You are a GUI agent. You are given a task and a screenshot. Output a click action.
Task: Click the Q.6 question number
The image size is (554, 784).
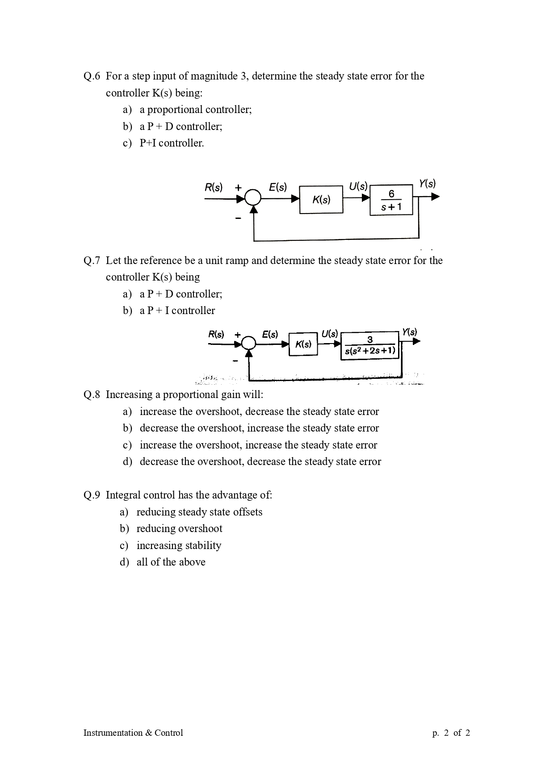pyautogui.click(x=92, y=76)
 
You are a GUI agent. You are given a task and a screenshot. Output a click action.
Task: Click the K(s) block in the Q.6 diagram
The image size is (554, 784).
pyautogui.click(x=321, y=200)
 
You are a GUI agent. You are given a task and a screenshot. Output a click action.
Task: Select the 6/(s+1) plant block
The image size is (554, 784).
pyautogui.click(x=391, y=200)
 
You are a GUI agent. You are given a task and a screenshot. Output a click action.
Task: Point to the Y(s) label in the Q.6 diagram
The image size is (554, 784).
pyautogui.click(x=427, y=184)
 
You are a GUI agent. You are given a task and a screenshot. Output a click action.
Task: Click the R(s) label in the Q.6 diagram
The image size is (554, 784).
pyautogui.click(x=214, y=187)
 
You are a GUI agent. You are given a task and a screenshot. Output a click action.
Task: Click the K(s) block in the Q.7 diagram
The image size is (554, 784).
pyautogui.click(x=303, y=344)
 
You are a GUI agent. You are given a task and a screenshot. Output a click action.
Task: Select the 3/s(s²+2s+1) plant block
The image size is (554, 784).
pyautogui.click(x=370, y=345)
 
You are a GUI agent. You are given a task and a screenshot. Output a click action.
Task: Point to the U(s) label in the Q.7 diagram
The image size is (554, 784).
pyautogui.click(x=330, y=334)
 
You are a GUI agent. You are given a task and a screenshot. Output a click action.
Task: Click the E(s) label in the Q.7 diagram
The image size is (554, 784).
pyautogui.click(x=270, y=334)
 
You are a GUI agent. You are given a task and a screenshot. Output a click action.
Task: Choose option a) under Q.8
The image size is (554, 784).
pyautogui.click(x=259, y=411)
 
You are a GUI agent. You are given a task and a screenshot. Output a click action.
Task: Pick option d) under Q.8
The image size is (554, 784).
pyautogui.click(x=260, y=461)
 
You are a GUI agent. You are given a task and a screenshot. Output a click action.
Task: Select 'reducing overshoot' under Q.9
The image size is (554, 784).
pyautogui.click(x=179, y=528)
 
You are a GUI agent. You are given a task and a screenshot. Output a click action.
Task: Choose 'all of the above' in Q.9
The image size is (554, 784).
pyautogui.click(x=171, y=562)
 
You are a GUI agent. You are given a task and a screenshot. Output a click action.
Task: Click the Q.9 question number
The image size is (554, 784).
pyautogui.click(x=92, y=495)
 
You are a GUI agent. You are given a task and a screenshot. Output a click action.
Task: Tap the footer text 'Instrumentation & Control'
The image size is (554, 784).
pyautogui.click(x=133, y=733)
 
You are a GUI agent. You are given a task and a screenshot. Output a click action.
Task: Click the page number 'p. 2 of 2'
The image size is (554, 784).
pyautogui.click(x=451, y=733)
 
